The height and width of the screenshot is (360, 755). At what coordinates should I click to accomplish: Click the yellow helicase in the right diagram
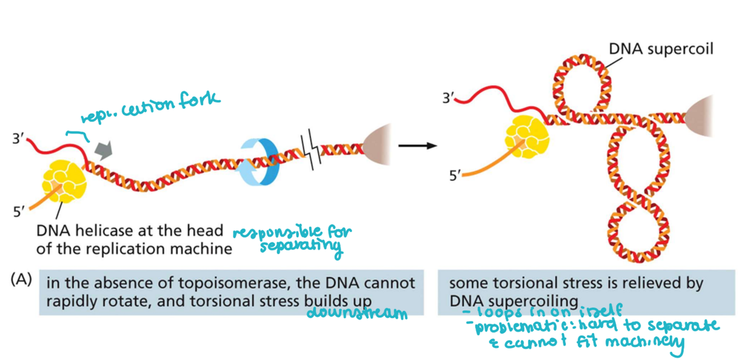(526, 139)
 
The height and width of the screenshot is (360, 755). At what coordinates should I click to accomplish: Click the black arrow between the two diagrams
(417, 146)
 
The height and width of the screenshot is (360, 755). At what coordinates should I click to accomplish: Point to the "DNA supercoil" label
(660, 49)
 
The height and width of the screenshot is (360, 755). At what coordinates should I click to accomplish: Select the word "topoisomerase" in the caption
(219, 282)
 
